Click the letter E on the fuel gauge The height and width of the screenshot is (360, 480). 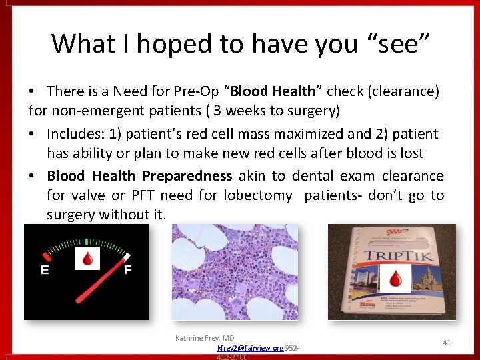pyautogui.click(x=45, y=270)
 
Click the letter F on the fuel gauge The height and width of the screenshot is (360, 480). pyautogui.click(x=128, y=269)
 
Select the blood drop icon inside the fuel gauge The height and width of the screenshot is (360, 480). pyautogui.click(x=87, y=258)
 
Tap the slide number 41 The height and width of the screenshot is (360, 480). pyautogui.click(x=447, y=343)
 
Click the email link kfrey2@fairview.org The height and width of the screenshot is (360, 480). pyautogui.click(x=250, y=348)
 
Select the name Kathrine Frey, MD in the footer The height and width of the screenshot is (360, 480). pyautogui.click(x=205, y=338)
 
